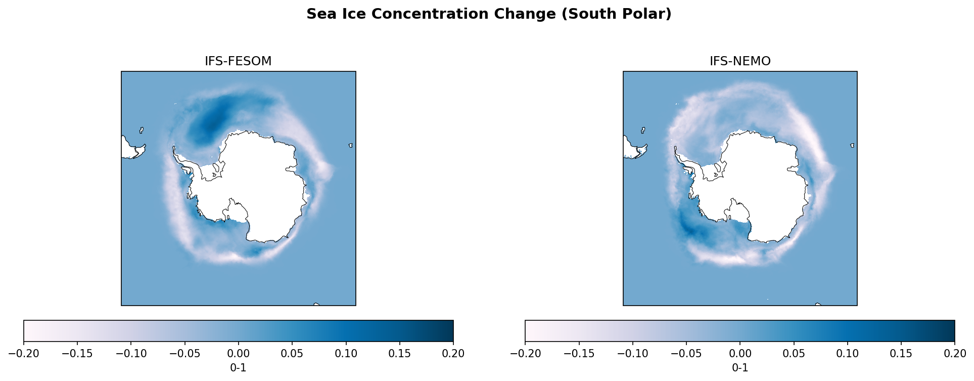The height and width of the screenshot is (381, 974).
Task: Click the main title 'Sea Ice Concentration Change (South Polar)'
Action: click(489, 14)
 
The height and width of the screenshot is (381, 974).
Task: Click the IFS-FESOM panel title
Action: click(238, 61)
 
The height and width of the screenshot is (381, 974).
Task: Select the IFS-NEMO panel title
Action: click(740, 61)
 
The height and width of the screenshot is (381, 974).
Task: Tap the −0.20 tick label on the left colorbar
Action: click(24, 353)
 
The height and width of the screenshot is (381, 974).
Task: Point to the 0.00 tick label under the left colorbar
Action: click(238, 353)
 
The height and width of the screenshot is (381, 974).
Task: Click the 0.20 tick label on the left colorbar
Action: click(453, 353)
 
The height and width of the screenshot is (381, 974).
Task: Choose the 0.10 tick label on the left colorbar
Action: click(346, 353)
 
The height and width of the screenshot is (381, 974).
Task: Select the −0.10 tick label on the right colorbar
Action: click(632, 353)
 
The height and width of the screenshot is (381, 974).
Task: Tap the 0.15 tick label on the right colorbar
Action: click(901, 353)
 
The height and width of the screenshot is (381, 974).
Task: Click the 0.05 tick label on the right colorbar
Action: click(794, 353)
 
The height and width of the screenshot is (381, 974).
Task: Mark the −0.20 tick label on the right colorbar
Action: click(525, 353)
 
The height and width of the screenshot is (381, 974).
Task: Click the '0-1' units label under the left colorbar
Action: click(238, 368)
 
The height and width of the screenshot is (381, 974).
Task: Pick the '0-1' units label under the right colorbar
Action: click(740, 368)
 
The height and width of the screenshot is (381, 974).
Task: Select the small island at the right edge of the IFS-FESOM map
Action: click(350, 145)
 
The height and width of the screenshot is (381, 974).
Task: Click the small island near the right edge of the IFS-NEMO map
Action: click(852, 145)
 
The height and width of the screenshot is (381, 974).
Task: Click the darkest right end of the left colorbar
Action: click(450, 331)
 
